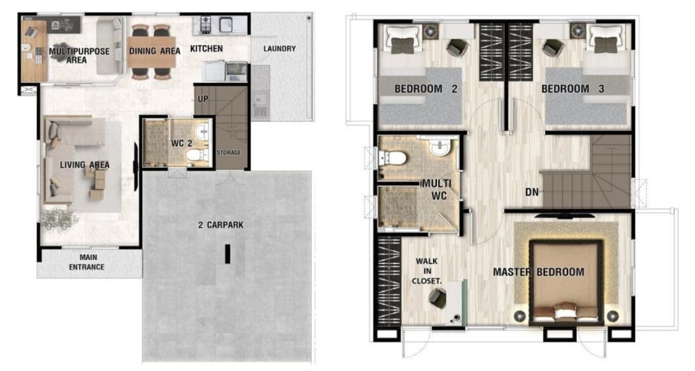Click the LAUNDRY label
coord(279,48)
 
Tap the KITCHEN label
coord(206,48)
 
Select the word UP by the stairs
coord(202,99)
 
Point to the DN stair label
coord(532,192)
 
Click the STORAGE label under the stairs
coord(229,153)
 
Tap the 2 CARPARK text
coord(221,225)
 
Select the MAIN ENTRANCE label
coord(86,262)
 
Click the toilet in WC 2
coord(198,156)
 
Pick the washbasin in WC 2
coord(202,130)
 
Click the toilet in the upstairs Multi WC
coord(393,158)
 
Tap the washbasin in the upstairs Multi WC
coord(439,147)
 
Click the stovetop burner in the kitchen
coord(205,25)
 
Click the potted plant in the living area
coord(60,219)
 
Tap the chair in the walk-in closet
coord(438,298)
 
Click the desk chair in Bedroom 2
coord(457,48)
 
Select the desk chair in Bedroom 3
coord(552,48)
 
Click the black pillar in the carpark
coord(227,254)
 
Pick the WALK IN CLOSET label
coord(426,270)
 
